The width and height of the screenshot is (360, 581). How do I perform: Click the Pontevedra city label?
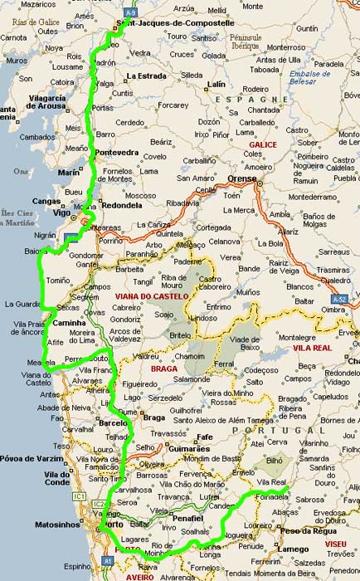[117, 153]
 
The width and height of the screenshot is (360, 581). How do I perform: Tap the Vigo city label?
[60, 212]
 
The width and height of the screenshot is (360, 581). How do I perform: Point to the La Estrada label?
[147, 76]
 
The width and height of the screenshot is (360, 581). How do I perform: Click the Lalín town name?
[216, 85]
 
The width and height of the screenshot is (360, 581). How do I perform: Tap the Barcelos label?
[113, 422]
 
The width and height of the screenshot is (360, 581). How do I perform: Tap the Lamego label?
[294, 549]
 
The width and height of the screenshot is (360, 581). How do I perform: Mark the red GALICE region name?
[262, 144]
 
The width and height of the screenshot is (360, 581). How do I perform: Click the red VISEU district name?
[335, 543]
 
